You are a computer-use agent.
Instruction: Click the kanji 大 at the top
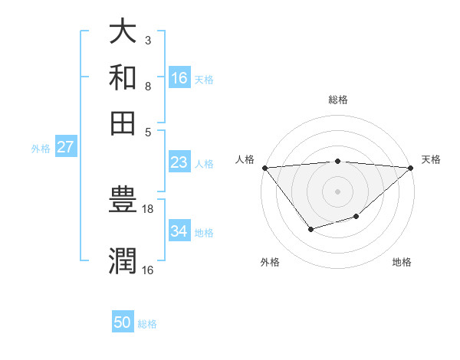123,33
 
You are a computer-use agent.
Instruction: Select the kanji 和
123,77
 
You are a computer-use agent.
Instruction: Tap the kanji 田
123,122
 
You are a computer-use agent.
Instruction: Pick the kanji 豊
123,201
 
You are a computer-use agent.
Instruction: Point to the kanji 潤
123,260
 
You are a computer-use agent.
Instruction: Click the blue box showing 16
179,78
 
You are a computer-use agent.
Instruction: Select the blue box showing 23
179,163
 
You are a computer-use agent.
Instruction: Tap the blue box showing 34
179,231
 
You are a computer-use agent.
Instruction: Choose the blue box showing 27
66,147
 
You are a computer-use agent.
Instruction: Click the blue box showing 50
123,322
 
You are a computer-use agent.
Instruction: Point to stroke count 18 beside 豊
148,208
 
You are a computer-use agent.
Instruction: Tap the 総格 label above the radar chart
337,100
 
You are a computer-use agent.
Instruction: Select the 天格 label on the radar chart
432,159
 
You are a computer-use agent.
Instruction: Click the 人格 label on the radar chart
245,159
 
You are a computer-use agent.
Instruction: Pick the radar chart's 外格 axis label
270,262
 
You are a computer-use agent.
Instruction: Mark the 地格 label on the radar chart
402,262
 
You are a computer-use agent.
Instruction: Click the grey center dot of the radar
337,191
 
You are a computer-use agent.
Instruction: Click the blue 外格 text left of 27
41,149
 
